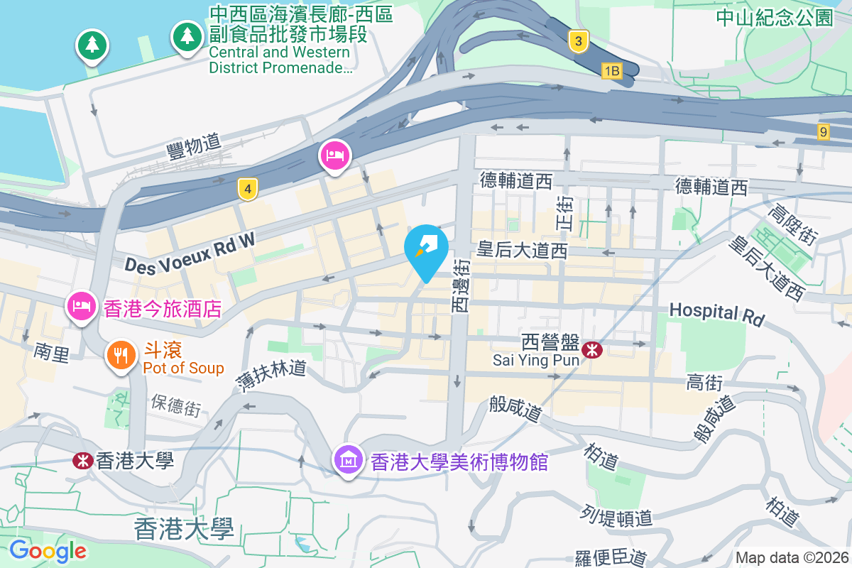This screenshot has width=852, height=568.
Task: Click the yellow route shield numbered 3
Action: click(579, 42)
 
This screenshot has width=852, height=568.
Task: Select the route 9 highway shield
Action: click(823, 131)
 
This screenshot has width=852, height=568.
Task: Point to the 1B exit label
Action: click(611, 71)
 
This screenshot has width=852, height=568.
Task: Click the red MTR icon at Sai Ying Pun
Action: click(591, 349)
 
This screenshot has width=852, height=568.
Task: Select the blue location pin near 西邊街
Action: click(426, 251)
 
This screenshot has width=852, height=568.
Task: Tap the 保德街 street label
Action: click(175, 405)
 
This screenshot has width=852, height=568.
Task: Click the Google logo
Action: click(48, 550)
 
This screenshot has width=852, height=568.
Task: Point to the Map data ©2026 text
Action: click(791, 557)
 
